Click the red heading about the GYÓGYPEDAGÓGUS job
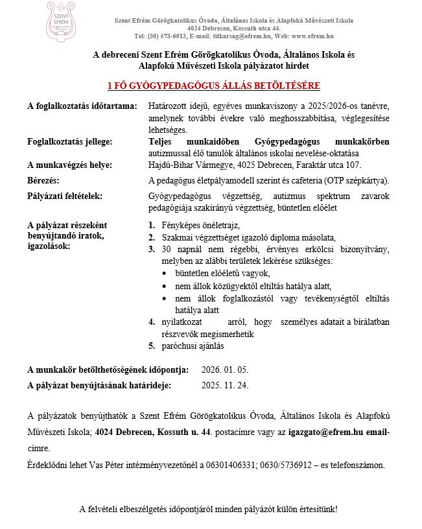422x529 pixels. tap(213, 86)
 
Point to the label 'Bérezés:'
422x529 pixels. tap(44, 179)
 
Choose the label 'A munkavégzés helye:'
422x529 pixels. tap(69, 165)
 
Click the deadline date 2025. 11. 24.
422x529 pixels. tap(225, 386)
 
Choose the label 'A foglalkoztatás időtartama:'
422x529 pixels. tap(82, 105)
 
